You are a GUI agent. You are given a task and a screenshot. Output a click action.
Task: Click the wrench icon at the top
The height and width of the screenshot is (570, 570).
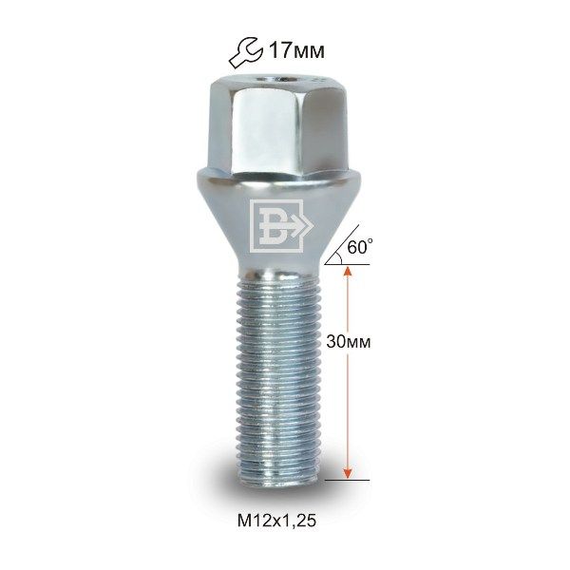click(x=245, y=52)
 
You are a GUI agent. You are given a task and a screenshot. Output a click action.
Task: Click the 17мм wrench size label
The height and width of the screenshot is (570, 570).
click(x=296, y=51)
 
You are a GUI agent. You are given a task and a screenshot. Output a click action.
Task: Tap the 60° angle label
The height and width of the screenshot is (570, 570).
click(x=360, y=247)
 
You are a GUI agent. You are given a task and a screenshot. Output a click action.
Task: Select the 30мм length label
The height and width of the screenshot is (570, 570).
click(x=349, y=342)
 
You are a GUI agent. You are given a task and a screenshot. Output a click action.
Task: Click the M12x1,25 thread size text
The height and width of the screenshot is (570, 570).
click(x=276, y=521)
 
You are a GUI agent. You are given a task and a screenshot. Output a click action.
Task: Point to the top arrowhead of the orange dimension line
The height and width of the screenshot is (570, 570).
click(x=348, y=271)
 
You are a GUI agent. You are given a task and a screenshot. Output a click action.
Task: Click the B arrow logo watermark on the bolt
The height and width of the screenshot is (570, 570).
click(x=281, y=226)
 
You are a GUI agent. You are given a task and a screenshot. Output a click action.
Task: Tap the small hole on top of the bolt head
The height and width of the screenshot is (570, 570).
click(x=281, y=79)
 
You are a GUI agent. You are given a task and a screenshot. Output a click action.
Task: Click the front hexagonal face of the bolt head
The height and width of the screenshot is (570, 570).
click(x=265, y=129)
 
